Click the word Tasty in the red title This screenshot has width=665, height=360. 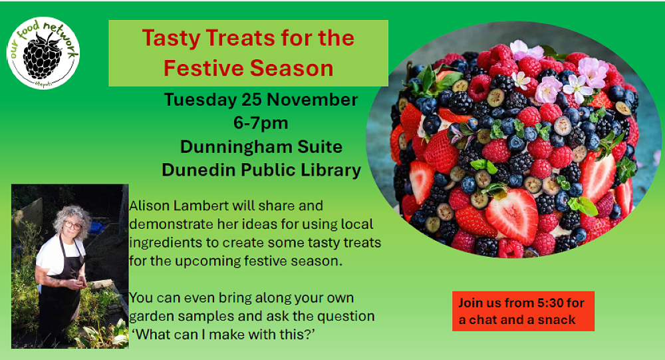[171, 39]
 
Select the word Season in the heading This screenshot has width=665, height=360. [291, 69]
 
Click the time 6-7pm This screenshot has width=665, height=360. [261, 124]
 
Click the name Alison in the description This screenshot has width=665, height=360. [148, 206]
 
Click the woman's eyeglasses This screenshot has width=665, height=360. [73, 226]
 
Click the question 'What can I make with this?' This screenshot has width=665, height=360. [223, 335]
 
